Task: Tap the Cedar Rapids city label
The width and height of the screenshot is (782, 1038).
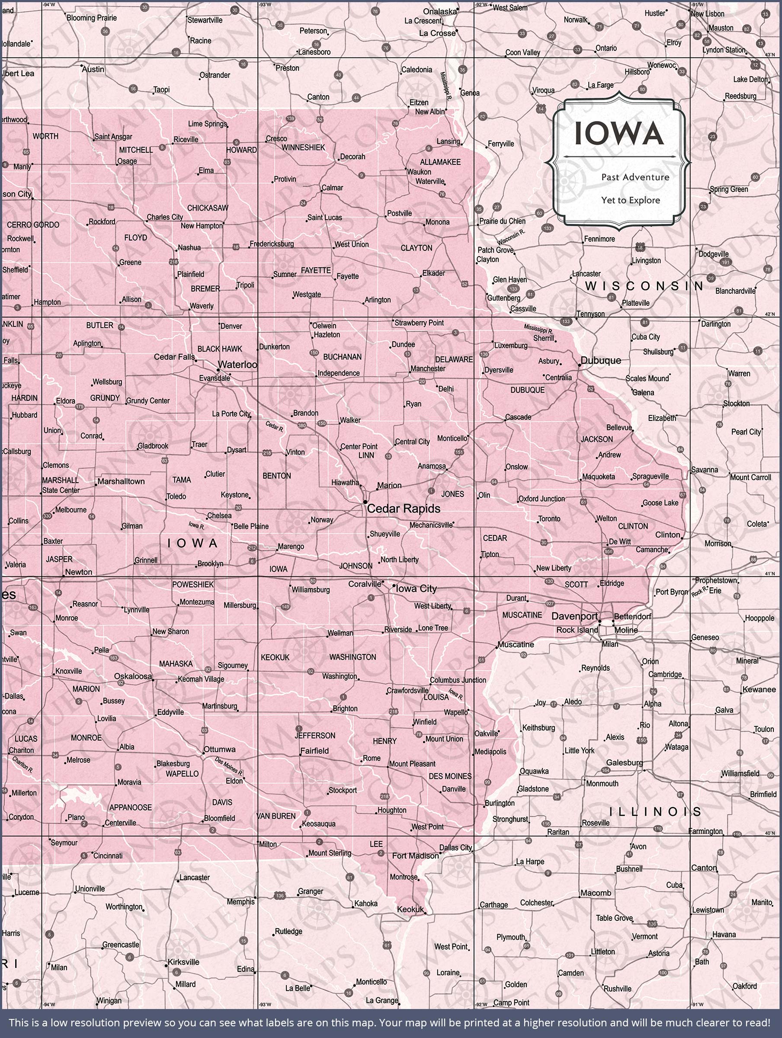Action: pos(403,509)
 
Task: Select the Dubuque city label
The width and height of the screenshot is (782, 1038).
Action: pos(600,360)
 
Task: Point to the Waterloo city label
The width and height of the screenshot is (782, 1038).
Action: pos(237,365)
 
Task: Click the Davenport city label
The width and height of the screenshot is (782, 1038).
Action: pos(574,616)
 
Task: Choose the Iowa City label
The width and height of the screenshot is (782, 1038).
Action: pos(417,589)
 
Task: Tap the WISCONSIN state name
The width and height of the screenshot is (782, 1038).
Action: pos(644,286)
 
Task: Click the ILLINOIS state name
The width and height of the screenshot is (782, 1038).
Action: pos(655,811)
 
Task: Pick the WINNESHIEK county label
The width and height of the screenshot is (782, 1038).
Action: pos(303,147)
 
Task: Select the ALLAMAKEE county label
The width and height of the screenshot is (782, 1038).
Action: pos(440,162)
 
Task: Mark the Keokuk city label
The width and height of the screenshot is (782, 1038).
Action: pos(410,910)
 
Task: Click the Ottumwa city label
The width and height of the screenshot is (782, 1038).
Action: pos(219,749)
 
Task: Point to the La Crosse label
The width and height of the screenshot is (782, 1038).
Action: pos(436,33)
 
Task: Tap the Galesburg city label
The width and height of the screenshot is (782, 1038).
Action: pos(624,762)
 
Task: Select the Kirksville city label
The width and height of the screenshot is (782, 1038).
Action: pos(183,962)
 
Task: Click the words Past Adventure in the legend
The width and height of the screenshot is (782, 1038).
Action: pos(635,177)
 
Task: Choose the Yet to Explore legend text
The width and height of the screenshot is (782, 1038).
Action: pos(630,200)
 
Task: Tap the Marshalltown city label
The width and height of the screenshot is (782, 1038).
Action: pos(121,481)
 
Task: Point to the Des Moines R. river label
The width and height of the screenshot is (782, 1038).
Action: pos(229,766)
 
